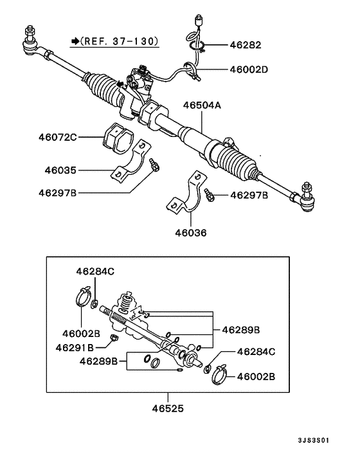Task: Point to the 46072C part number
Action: point(57,137)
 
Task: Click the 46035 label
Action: point(60,171)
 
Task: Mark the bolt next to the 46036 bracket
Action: point(209,193)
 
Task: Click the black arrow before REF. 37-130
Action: point(75,41)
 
